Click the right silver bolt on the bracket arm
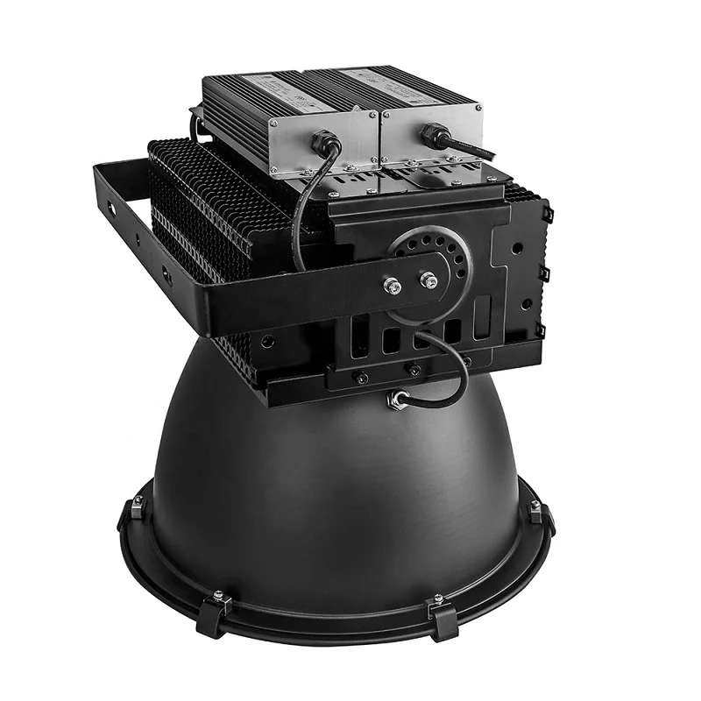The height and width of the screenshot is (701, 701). point(428,280)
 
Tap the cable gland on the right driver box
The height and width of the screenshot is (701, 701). point(430,133)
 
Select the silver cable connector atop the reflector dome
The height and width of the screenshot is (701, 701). point(400,399)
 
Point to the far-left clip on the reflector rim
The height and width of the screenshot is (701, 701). point(138,506)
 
